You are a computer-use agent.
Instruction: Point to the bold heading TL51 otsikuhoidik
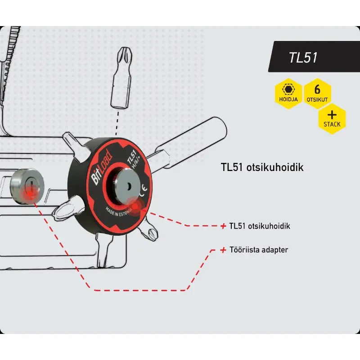tap(262, 167)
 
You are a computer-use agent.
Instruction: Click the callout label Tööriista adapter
tap(258, 250)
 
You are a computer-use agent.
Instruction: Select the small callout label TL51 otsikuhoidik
tap(259, 226)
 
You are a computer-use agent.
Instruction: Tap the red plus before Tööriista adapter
tap(223, 250)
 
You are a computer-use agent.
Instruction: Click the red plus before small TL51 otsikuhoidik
tap(223, 226)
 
